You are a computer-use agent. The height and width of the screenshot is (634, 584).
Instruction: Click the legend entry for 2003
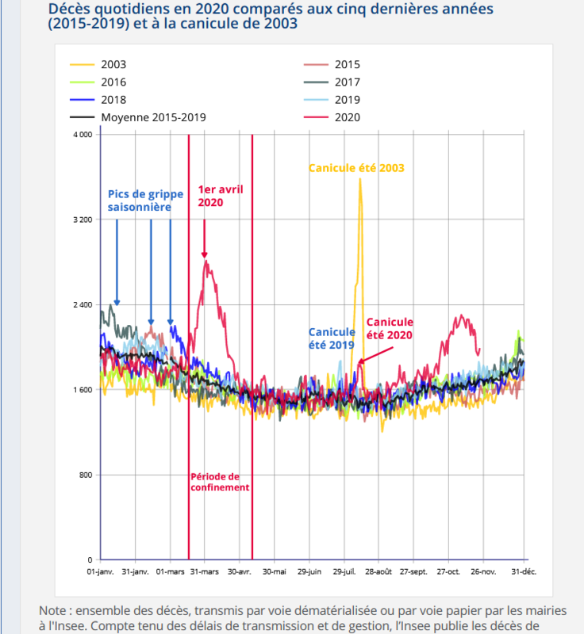(x=98, y=65)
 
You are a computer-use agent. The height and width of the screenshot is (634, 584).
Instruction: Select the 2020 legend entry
(x=332, y=117)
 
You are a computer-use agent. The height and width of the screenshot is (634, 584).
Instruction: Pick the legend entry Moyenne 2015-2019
(x=138, y=117)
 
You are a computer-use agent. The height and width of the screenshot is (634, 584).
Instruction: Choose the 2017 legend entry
(x=332, y=82)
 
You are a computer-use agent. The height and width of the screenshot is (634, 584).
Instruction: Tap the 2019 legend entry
(x=332, y=100)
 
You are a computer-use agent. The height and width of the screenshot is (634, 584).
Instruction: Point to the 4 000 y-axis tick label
(x=83, y=135)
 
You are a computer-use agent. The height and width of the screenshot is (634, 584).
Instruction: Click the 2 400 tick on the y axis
(x=83, y=304)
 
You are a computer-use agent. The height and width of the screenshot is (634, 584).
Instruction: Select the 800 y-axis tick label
(x=86, y=475)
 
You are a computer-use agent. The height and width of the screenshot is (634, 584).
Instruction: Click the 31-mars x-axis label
(x=205, y=571)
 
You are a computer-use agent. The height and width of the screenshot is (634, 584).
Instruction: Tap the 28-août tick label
(x=378, y=571)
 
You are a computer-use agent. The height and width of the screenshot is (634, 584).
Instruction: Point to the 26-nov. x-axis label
(x=483, y=571)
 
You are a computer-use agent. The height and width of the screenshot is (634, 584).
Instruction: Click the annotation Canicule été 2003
(x=356, y=168)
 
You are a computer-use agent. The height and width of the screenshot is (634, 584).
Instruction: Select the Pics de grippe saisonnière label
(x=145, y=201)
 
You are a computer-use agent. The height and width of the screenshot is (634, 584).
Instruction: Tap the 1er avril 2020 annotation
(x=221, y=196)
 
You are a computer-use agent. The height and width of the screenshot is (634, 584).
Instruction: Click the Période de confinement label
(x=220, y=482)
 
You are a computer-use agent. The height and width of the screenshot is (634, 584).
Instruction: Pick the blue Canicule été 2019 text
(x=332, y=338)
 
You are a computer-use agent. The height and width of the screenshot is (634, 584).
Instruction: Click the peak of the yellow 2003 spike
(x=359, y=179)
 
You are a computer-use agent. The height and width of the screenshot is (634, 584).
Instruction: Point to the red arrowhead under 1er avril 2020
(x=205, y=254)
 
